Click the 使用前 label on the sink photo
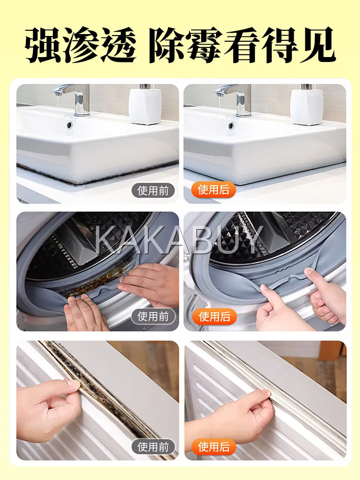153,191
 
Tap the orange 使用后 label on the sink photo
214,190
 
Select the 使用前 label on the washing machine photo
153,316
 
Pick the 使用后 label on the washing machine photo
214,316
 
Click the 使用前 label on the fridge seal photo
153,447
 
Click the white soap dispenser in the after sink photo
306,105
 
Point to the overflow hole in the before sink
70,124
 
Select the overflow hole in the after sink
231,125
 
